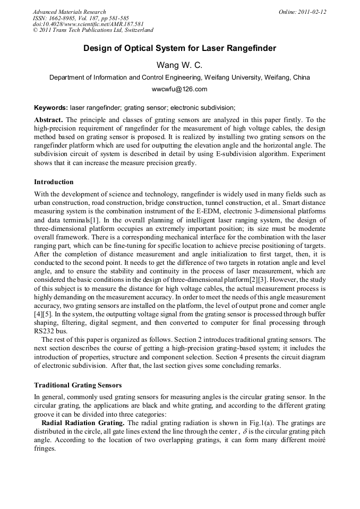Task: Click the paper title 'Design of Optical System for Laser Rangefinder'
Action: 179,49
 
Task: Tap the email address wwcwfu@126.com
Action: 179,89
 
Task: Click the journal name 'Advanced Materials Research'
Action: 69,12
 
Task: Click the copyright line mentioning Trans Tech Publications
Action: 93,31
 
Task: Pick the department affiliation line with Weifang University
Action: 179,77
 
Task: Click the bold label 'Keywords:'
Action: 50,107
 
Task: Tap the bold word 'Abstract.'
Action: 49,120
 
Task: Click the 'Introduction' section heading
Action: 54,182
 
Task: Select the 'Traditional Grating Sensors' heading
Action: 77,385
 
